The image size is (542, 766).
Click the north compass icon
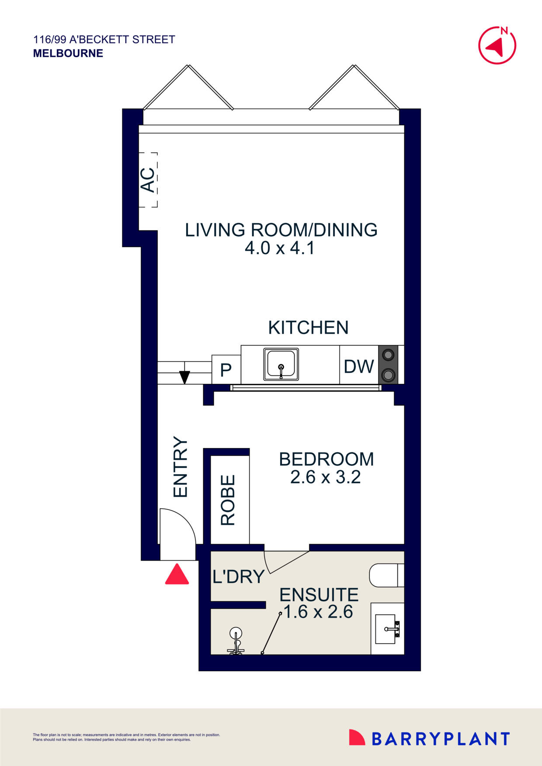(x=497, y=45)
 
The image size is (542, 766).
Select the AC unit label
(x=148, y=180)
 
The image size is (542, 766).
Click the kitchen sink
(x=281, y=364)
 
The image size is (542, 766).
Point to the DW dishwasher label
(x=358, y=366)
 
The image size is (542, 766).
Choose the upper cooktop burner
(x=388, y=355)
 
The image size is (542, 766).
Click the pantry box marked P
(x=226, y=370)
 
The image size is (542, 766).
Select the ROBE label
(x=228, y=500)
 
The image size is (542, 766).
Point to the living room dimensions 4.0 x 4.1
(x=280, y=248)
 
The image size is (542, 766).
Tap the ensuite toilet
(x=386, y=575)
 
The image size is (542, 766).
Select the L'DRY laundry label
(x=238, y=577)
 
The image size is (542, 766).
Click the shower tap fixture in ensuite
(x=236, y=642)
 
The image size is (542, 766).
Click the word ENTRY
(x=181, y=466)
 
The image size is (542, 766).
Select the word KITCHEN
(x=308, y=328)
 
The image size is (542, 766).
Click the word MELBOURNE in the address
(x=68, y=53)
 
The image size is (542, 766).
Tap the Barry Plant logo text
(x=440, y=739)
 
